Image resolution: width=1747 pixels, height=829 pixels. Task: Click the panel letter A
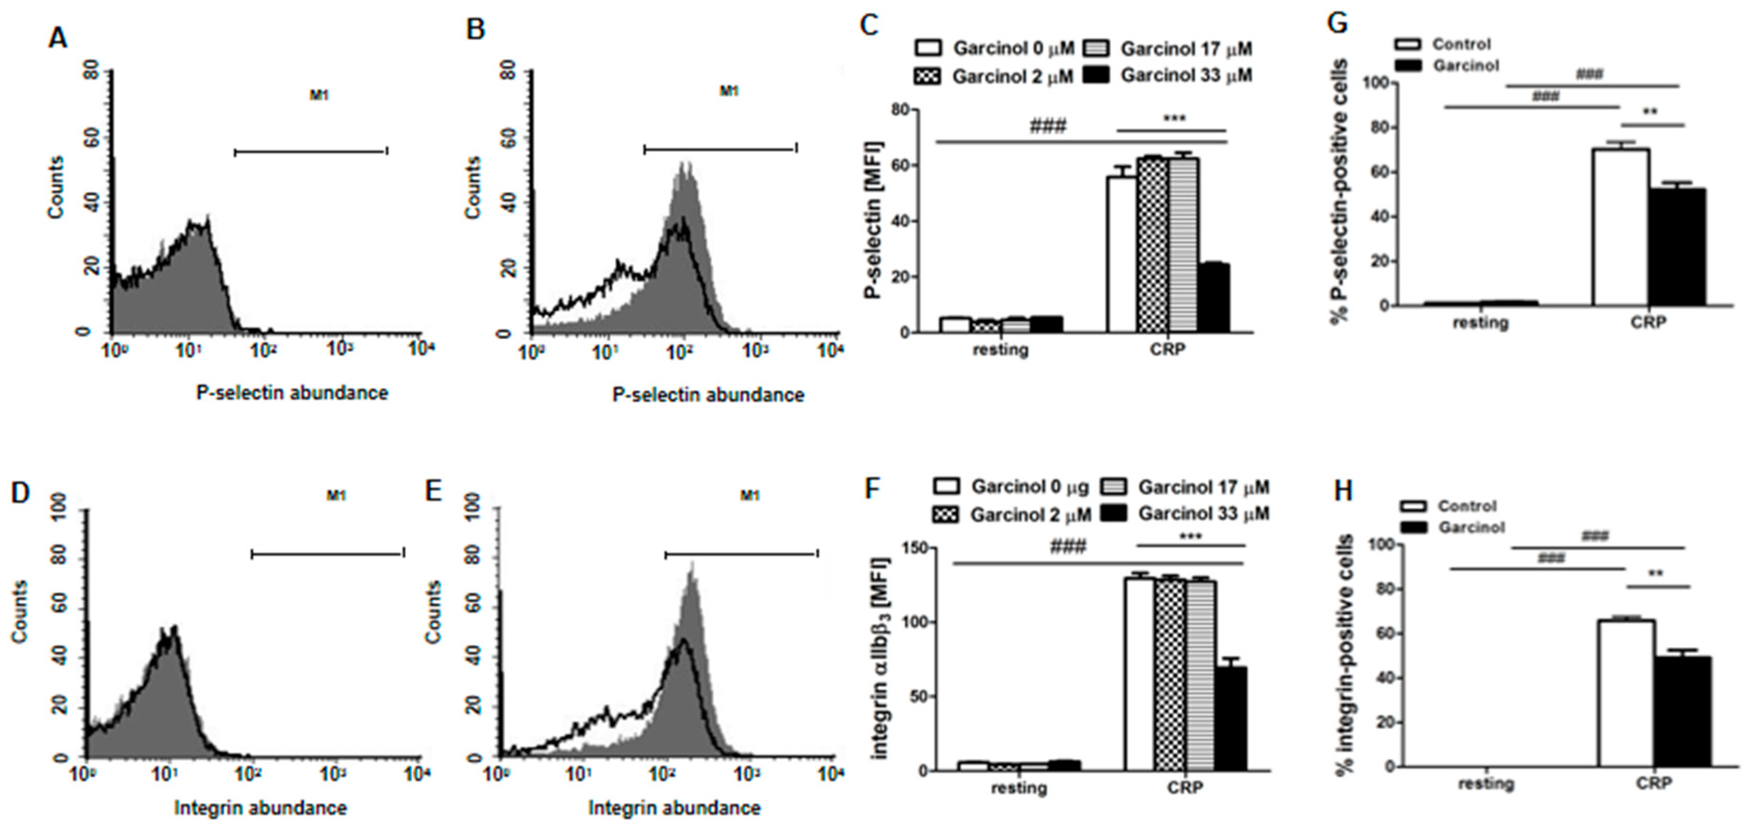pos(58,37)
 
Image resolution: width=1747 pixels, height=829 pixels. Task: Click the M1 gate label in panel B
pos(729,91)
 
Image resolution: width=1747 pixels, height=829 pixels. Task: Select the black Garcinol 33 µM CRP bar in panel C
pos(1213,298)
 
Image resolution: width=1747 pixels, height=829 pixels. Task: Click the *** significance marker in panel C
pos(1174,119)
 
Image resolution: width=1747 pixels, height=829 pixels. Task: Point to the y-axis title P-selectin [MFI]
pos(873,220)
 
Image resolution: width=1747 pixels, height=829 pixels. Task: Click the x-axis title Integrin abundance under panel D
pos(261,808)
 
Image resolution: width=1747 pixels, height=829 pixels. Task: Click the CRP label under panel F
pos(1185,788)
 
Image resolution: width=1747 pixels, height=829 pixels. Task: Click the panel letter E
pos(433,491)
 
